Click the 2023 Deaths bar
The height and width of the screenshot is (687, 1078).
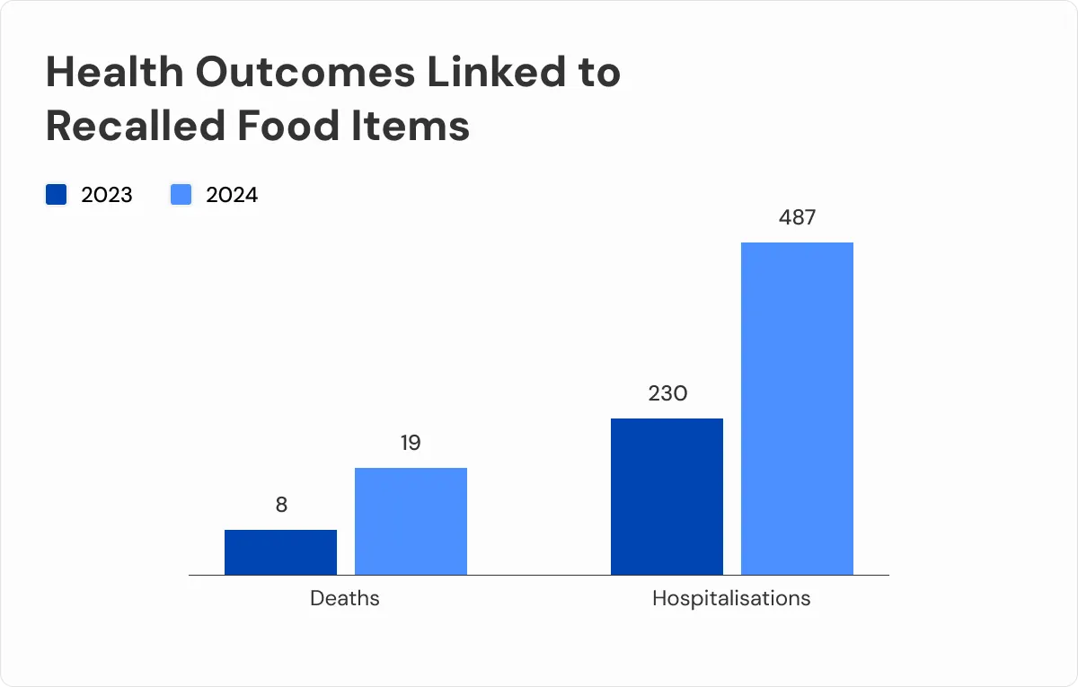[280, 551]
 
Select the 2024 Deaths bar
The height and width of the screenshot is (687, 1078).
[411, 521]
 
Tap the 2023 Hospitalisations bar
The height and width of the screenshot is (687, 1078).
[667, 496]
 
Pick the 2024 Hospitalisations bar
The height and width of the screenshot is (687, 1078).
[797, 408]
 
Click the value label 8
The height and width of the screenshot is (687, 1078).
[281, 506]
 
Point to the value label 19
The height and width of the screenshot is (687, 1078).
[411, 444]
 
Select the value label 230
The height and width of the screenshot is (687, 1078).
[667, 393]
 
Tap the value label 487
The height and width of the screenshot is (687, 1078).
[797, 217]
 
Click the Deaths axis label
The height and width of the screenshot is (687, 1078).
[345, 598]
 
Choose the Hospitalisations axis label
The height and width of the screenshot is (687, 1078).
[731, 598]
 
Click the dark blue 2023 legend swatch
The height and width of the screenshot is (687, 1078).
[57, 195]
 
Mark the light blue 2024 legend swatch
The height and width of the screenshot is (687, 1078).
[181, 195]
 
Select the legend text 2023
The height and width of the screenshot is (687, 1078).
[107, 195]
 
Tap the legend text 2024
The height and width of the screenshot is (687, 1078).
[232, 195]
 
